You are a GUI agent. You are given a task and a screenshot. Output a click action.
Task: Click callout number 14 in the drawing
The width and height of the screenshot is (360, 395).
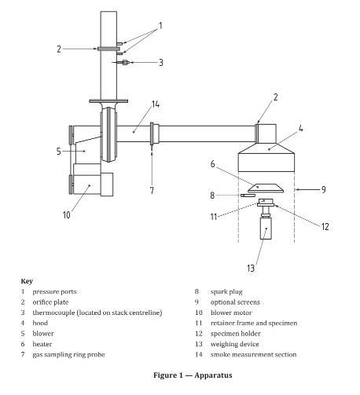pos(156,104)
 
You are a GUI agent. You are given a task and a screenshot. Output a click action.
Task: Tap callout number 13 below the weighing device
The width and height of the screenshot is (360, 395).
pos(251,268)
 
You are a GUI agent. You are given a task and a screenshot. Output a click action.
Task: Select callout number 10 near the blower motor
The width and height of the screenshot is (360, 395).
pos(67,215)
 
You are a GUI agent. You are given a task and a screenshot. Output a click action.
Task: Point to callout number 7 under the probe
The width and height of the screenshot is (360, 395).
pos(152,190)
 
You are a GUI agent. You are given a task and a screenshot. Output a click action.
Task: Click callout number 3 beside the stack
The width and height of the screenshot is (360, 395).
pos(161,63)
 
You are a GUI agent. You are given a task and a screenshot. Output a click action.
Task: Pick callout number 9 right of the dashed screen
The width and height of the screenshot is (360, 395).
pos(324,189)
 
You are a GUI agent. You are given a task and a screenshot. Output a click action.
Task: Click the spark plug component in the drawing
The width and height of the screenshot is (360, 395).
pos(248,196)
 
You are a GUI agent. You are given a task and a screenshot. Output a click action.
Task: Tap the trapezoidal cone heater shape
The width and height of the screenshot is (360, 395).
pos(266,188)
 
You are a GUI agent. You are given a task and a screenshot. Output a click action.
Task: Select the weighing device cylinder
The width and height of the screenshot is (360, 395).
pos(266,229)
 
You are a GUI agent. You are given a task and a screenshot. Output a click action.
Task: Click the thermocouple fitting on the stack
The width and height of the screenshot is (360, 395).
pos(125,62)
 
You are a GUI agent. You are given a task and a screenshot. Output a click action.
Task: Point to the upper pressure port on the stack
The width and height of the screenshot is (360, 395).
pos(119,43)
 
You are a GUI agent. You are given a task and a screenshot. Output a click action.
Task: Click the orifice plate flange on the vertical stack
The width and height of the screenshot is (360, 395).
pos(108,49)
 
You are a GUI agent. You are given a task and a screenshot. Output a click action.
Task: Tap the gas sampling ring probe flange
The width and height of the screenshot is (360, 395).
pos(152,133)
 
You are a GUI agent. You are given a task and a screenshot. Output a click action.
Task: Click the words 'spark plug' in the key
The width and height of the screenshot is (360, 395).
pos(226,291)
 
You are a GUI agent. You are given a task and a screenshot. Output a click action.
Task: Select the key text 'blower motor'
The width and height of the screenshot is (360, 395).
pos(231,313)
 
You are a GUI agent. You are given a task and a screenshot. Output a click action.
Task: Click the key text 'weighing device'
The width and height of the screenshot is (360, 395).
pos(234,344)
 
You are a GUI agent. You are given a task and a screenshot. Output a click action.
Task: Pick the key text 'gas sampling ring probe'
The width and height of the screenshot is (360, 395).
pos(68,355)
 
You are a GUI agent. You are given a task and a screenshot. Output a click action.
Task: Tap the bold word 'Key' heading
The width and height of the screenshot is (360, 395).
pos(27,281)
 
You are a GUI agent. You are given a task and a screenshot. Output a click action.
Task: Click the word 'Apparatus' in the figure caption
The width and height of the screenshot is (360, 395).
pos(213,375)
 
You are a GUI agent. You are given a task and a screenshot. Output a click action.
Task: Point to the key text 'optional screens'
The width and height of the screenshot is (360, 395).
pos(235,302)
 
